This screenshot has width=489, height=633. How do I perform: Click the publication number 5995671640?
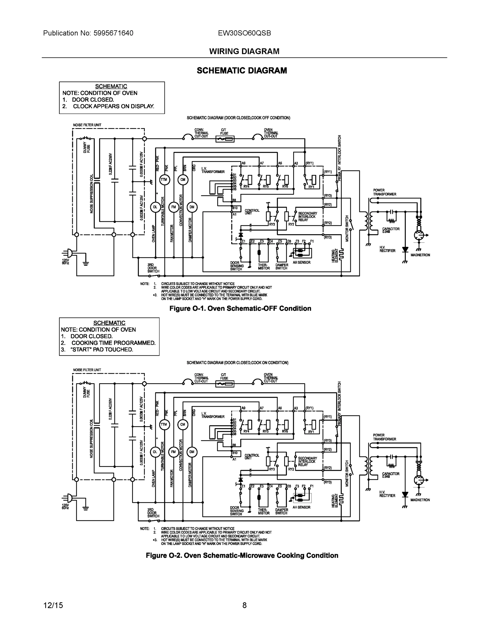[113, 33]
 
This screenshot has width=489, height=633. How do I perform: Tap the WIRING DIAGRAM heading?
[244, 51]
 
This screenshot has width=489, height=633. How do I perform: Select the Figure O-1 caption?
[240, 308]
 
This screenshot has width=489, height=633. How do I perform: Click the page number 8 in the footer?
[244, 605]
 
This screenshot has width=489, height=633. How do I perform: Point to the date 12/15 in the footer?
[53, 605]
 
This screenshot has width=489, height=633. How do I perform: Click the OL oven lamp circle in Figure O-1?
[155, 207]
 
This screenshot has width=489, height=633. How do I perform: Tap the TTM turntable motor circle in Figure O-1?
[164, 180]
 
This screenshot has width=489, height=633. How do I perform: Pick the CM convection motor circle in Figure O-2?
[183, 425]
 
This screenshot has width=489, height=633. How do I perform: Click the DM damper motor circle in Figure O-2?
[192, 452]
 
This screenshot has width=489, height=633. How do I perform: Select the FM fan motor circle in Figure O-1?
[173, 207]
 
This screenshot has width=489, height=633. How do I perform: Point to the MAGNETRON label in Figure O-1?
[420, 255]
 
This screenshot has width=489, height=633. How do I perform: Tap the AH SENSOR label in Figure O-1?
[301, 262]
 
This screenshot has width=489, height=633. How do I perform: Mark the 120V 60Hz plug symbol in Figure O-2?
[69, 498]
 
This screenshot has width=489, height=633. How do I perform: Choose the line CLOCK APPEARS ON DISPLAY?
[113, 106]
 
